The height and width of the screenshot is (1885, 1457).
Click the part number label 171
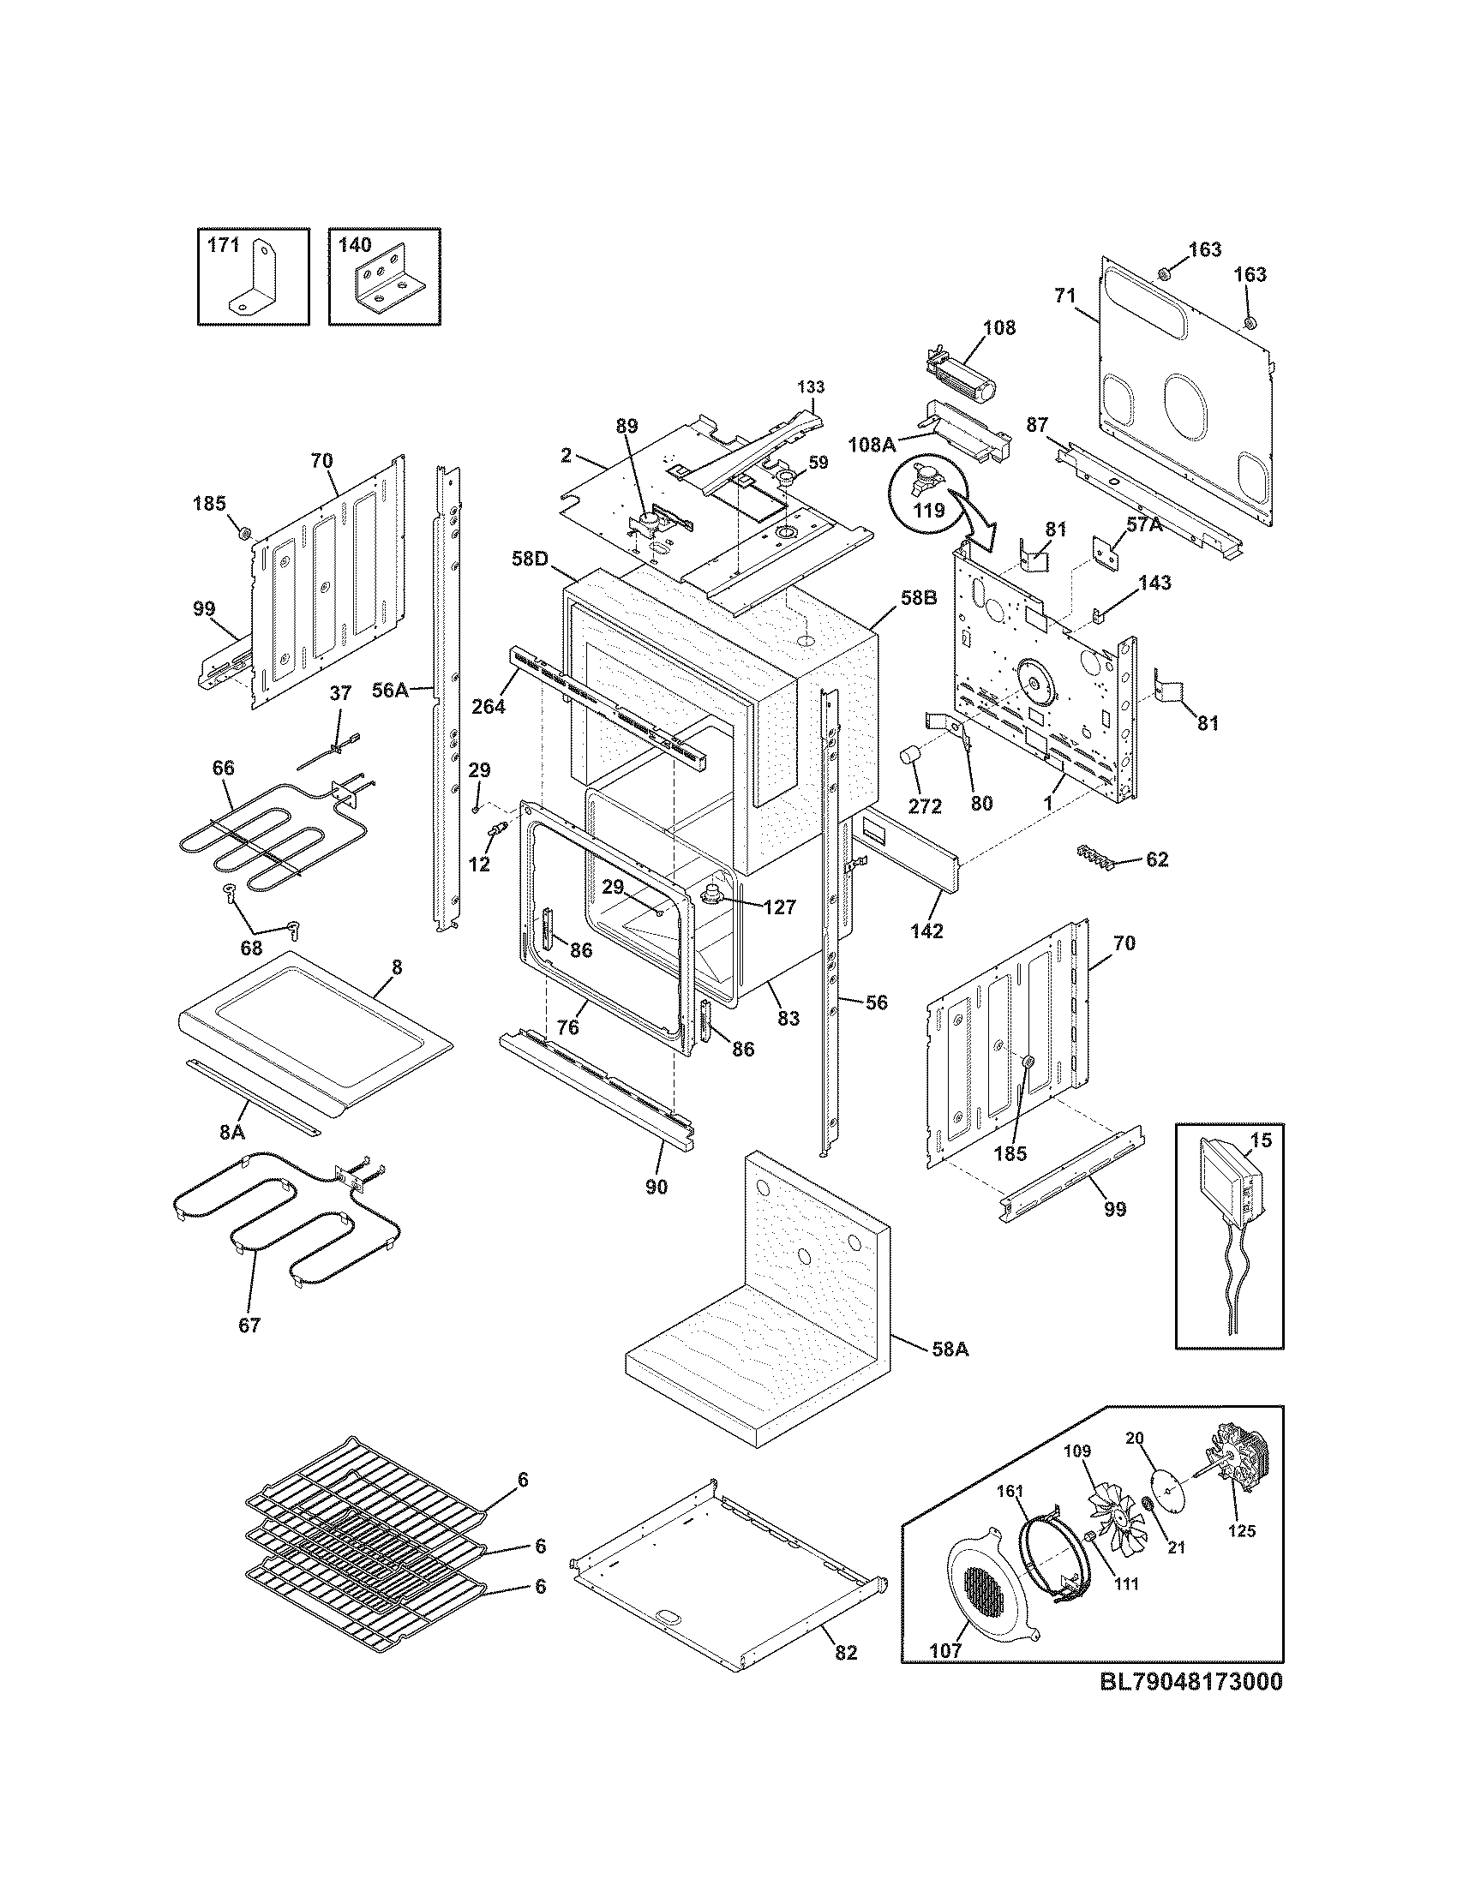pos(223,245)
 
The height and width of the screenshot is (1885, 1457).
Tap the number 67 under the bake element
pos(249,1324)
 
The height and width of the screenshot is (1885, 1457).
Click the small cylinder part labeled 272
pos(908,758)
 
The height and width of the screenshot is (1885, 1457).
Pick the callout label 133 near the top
pos(810,386)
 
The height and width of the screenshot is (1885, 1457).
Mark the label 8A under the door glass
pos(232,1132)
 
